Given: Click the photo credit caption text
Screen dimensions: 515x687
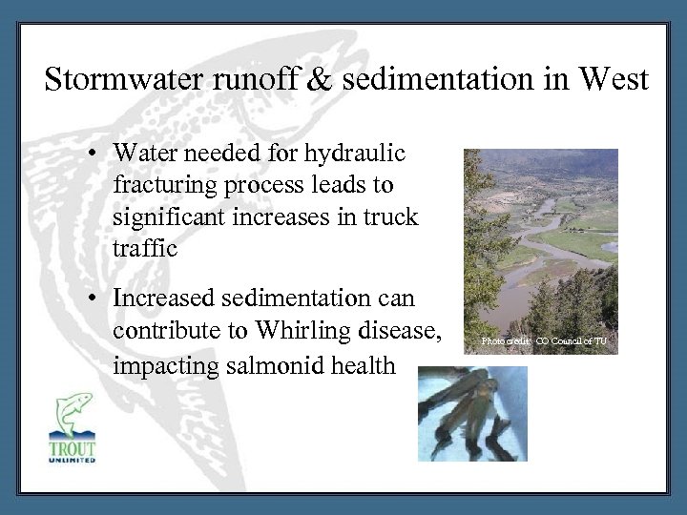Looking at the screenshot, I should click(543, 340).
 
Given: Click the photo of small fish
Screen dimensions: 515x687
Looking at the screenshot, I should click(472, 414).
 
